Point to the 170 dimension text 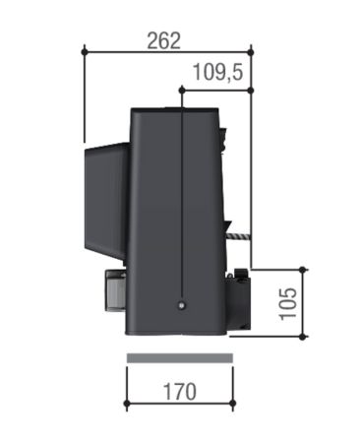coord(178,391)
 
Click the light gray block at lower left coord(108,293)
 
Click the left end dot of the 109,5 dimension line coord(182,90)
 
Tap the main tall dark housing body coord(157,217)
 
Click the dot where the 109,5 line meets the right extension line coord(252,90)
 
